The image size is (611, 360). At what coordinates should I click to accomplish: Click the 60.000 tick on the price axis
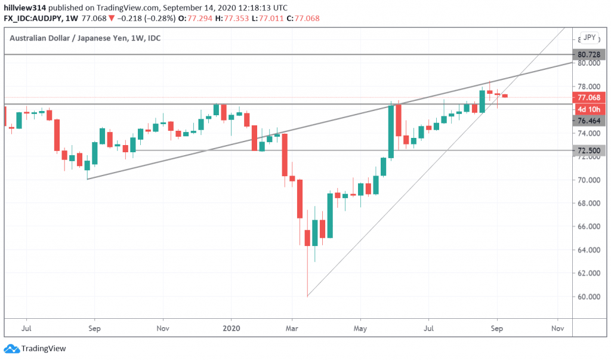pyautogui.click(x=588, y=297)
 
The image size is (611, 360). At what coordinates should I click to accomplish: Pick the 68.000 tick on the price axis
pyautogui.click(x=588, y=204)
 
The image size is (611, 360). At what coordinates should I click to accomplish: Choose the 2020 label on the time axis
pyautogui.click(x=231, y=328)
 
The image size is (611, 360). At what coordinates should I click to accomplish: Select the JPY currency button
pyautogui.click(x=590, y=38)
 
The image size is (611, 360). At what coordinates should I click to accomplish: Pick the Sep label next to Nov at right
pyautogui.click(x=496, y=328)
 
